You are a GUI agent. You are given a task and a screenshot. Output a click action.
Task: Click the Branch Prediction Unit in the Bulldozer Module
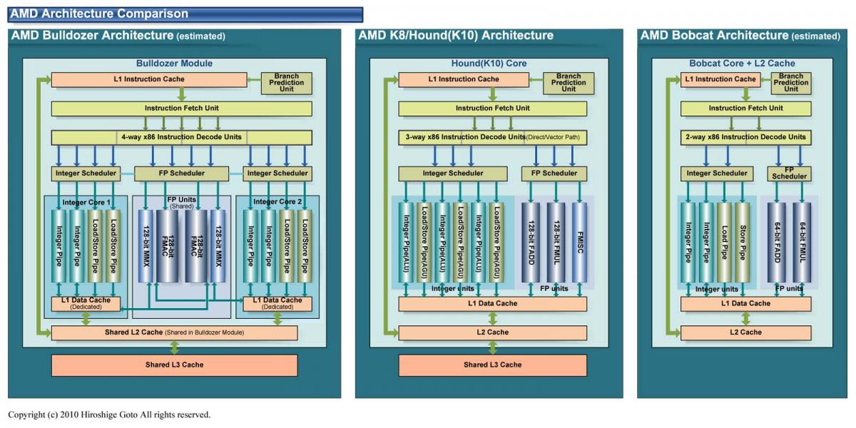pos(286,83)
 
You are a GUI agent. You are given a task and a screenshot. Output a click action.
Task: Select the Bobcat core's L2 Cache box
pos(745,332)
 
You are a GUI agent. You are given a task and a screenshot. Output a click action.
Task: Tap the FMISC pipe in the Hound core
pos(579,243)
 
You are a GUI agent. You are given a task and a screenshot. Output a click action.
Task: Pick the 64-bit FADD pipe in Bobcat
pos(777,243)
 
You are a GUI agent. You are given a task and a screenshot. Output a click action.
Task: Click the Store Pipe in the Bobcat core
pos(742,243)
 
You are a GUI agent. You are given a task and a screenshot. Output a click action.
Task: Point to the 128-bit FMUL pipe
pos(556,243)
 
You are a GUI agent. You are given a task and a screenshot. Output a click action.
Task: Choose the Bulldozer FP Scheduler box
pos(181,173)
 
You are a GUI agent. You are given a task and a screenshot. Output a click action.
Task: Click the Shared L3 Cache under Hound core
pos(493,365)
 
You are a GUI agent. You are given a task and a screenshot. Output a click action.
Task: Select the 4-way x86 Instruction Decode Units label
pos(181,137)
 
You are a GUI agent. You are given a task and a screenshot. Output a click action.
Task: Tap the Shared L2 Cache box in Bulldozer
pos(174,332)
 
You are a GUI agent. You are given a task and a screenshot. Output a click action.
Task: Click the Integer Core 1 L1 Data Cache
pos(86,303)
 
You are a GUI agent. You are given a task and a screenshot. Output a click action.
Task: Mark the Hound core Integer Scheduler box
pos(453,173)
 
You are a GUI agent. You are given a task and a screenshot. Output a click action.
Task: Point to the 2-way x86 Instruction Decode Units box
pos(745,137)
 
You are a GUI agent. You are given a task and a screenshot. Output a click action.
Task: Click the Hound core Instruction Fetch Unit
pos(493,108)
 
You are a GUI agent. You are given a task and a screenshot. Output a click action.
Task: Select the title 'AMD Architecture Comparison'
pos(99,14)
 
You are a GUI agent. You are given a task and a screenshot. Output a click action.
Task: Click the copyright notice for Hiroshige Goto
pos(109,414)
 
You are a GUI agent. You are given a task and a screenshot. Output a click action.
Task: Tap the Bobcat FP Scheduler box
pos(789,173)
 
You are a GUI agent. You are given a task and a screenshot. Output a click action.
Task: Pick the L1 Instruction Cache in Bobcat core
pos(720,79)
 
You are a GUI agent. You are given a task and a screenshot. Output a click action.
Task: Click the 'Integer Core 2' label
pos(277,202)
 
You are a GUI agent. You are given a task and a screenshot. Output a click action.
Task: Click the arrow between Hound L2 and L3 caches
pos(493,347)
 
